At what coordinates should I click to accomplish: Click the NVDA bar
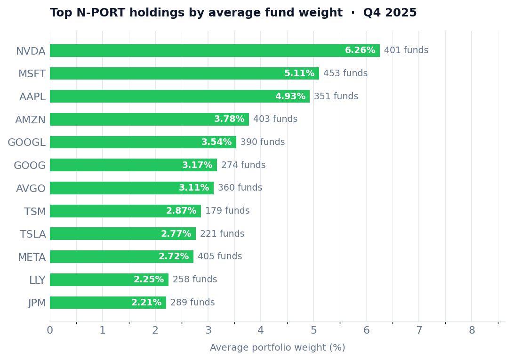click(x=215, y=51)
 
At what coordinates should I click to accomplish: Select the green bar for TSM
click(x=125, y=211)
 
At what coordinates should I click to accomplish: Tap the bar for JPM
click(x=108, y=303)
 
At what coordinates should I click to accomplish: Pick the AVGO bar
click(x=132, y=188)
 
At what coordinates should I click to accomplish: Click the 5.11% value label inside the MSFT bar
click(x=299, y=74)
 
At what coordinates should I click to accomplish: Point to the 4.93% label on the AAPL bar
click(x=290, y=96)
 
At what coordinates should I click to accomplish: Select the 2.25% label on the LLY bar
click(x=149, y=280)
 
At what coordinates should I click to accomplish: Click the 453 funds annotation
click(x=345, y=74)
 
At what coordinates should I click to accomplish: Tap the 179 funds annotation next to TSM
click(x=227, y=211)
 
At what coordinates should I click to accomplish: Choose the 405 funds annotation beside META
click(x=220, y=257)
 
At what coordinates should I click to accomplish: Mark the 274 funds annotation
click(x=243, y=165)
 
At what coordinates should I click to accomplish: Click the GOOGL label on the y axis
click(x=27, y=143)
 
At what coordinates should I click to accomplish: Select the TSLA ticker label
click(x=33, y=234)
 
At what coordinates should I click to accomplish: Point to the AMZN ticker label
click(x=31, y=120)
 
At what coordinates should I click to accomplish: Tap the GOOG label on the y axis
click(x=30, y=166)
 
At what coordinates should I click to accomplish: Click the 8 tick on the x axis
click(x=472, y=331)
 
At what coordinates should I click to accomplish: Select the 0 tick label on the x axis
click(x=50, y=331)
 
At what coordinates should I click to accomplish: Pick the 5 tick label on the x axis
click(x=313, y=331)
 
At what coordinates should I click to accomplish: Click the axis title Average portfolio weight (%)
click(x=278, y=348)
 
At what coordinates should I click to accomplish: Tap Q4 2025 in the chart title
click(x=390, y=13)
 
